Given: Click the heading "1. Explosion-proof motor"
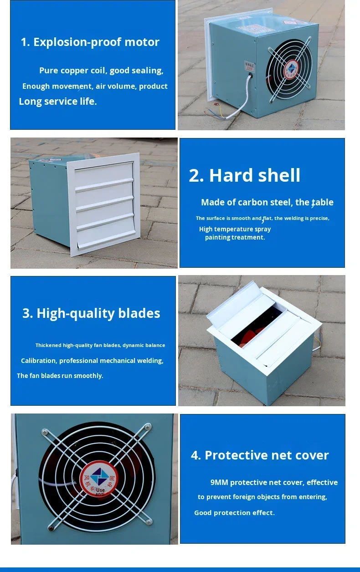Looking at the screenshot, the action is click(90, 42).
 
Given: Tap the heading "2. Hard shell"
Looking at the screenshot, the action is click(245, 175).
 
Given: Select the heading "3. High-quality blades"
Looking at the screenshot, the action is click(91, 313).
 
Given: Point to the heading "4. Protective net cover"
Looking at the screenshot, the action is click(260, 455).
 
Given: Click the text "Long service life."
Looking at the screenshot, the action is click(58, 102).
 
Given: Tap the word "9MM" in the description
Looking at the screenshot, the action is click(219, 482).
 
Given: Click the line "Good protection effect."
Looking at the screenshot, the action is click(234, 513).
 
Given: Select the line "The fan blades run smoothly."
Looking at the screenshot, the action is click(60, 376).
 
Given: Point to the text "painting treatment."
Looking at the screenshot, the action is click(235, 237).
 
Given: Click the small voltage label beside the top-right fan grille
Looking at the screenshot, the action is click(249, 66).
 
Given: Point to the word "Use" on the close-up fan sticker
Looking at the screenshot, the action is click(100, 490).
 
